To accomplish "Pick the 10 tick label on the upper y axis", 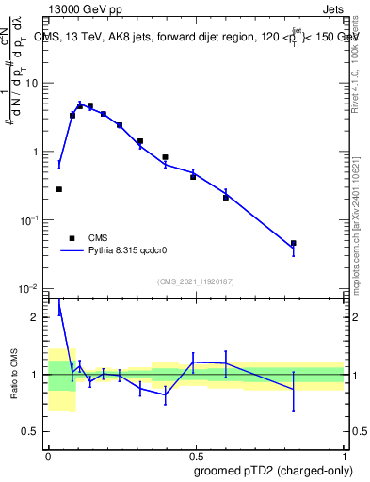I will coord(32,83).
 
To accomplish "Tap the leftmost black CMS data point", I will coord(59,189).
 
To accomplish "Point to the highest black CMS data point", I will coord(89,106).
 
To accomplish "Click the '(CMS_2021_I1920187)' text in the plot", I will coord(195,281).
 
